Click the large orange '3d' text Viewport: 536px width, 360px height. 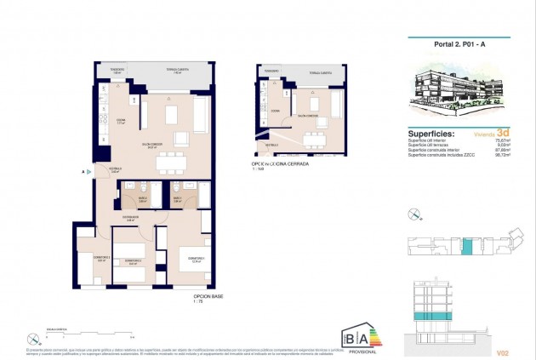click(504, 133)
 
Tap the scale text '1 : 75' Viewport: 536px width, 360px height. click(197, 302)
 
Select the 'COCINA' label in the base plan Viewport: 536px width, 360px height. click(121, 120)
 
